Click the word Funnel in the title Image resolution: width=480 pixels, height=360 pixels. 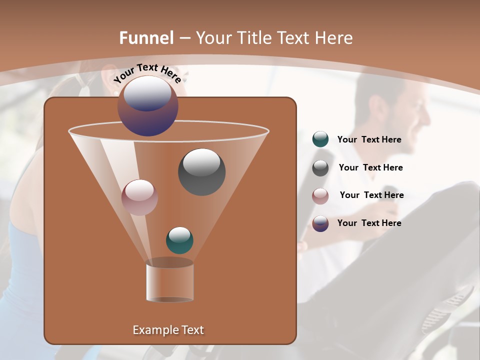click(146, 38)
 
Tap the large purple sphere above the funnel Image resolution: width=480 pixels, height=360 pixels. click(148, 106)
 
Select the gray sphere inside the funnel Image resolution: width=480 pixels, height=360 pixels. click(202, 172)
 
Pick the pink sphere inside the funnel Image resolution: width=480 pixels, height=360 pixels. click(140, 197)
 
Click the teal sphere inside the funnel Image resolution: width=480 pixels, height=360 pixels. click(179, 240)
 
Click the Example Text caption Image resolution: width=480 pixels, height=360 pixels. click(168, 330)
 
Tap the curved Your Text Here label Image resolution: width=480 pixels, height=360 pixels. click(147, 73)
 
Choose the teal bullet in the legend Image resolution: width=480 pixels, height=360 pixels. click(320, 139)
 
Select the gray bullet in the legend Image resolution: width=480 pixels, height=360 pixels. click(320, 168)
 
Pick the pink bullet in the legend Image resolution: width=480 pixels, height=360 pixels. click(320, 196)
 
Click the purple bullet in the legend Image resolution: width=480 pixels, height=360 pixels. click(320, 223)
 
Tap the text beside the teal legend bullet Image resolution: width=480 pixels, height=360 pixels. click(369, 140)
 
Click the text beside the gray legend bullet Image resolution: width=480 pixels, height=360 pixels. click(370, 168)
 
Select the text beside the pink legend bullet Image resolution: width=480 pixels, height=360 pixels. click(371, 195)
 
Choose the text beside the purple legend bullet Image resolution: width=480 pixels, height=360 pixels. click(369, 223)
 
